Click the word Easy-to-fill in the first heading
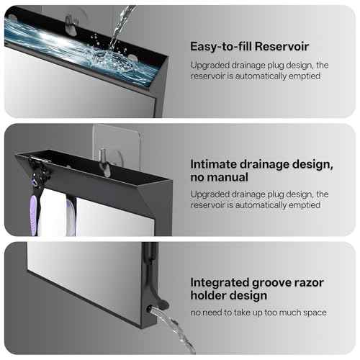tap(218, 46)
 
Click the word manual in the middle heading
tap(228, 177)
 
